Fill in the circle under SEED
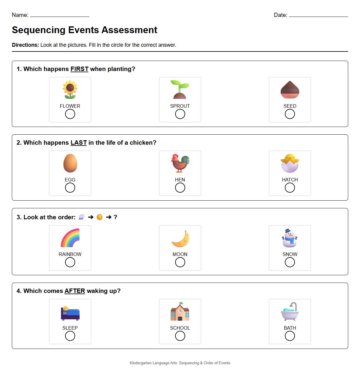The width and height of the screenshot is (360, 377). (x=290, y=114)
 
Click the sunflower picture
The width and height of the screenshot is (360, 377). (x=70, y=89)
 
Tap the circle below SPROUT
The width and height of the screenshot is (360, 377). (x=180, y=114)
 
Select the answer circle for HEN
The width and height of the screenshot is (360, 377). (x=180, y=188)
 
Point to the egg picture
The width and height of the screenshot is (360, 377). (x=70, y=163)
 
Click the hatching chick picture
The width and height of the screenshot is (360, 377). (x=290, y=163)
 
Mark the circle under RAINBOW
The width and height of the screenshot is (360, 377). (x=70, y=262)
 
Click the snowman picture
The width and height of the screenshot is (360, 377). (x=290, y=238)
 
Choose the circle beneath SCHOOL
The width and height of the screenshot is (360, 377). (x=180, y=336)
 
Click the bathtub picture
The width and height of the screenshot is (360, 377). (x=290, y=312)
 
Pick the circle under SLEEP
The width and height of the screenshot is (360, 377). (x=70, y=336)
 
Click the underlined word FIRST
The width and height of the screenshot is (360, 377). (x=79, y=69)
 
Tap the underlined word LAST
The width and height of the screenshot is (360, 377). (x=78, y=143)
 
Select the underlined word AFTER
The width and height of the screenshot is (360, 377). (x=75, y=291)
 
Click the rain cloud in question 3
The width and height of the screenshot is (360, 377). (x=81, y=217)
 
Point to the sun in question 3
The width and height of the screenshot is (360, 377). (x=100, y=217)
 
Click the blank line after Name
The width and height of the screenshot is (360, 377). (x=59, y=15)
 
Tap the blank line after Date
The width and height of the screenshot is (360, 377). (x=318, y=15)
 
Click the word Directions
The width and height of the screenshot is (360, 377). (x=25, y=45)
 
